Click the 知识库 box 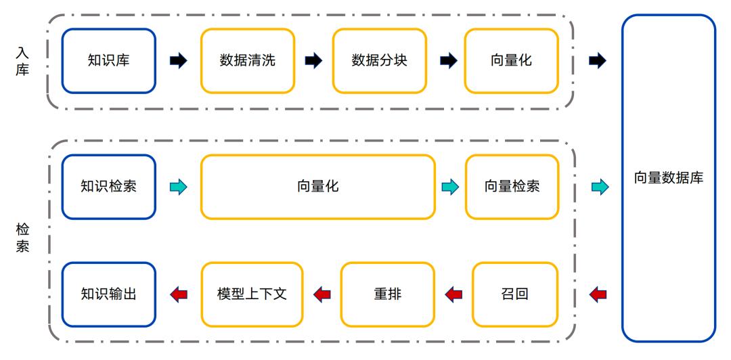[x=108, y=61]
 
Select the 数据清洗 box [x=248, y=61]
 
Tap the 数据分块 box [x=380, y=61]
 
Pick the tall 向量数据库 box [x=669, y=178]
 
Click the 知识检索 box [x=108, y=187]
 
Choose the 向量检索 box [x=512, y=187]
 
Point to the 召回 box [x=514, y=294]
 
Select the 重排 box [x=387, y=294]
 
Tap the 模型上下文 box [x=252, y=294]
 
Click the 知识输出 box [x=108, y=294]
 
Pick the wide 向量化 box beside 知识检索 [x=318, y=187]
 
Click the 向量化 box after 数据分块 [x=512, y=61]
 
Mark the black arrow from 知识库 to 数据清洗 [x=179, y=61]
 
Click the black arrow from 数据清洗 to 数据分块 [x=314, y=61]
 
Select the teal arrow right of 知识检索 [x=179, y=187]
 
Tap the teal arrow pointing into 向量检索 [x=450, y=187]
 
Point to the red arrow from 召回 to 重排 [x=453, y=294]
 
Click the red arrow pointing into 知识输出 [x=179, y=294]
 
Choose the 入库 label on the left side [x=22, y=61]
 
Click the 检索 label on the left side [x=22, y=238]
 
